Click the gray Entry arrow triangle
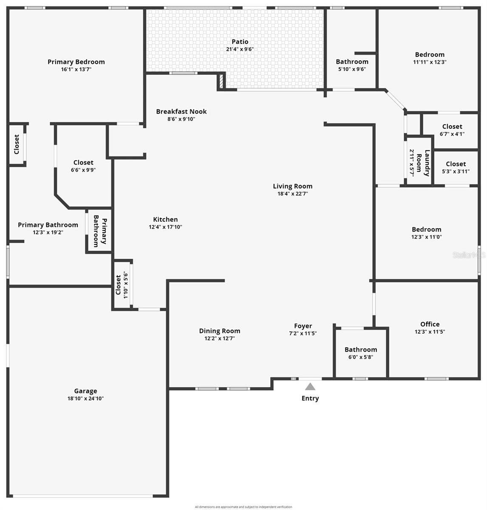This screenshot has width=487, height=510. [x=310, y=387]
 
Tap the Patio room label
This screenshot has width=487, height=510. [x=240, y=42]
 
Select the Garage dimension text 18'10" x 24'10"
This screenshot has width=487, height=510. [x=85, y=398]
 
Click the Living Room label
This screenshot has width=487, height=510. [x=292, y=186]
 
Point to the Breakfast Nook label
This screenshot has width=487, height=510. [x=181, y=111]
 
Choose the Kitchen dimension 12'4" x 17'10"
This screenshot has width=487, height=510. [x=165, y=227]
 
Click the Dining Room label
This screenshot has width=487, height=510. [x=219, y=331]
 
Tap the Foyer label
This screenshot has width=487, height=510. [x=303, y=326]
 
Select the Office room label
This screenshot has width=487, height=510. [x=430, y=324]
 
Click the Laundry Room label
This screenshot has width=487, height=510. [x=423, y=163]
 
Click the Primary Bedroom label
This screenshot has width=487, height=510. [x=76, y=62]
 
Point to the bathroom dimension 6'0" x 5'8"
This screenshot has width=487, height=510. [x=360, y=357]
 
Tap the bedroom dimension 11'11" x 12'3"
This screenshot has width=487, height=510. [x=430, y=62]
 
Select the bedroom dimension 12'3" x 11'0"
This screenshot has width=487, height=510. [x=426, y=237]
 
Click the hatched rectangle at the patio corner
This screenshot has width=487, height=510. [x=221, y=81]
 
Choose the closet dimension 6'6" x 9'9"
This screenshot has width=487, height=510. [x=83, y=170]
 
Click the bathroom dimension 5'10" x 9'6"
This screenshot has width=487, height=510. [x=352, y=69]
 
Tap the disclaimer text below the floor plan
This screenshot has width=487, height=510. [x=243, y=507]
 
